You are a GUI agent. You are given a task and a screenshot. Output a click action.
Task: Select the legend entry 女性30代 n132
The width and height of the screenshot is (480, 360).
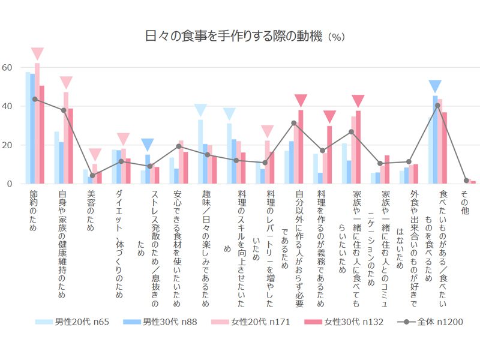350,322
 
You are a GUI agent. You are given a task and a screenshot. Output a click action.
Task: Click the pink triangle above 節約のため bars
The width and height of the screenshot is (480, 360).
37,53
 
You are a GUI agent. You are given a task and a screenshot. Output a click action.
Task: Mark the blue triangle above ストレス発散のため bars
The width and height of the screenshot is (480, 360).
148,145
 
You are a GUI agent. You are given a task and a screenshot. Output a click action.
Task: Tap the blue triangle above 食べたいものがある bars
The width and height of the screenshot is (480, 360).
436,86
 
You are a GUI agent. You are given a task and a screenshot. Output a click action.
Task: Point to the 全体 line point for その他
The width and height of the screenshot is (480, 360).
466,181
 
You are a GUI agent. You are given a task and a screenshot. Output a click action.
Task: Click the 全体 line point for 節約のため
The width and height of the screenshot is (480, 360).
35,99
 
